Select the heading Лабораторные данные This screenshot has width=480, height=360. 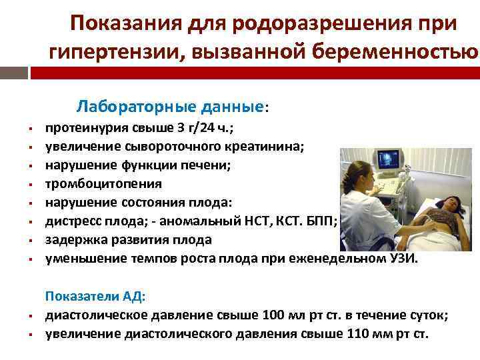click(172, 107)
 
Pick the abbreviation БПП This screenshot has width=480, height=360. click(325, 221)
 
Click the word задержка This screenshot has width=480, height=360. click(74, 239)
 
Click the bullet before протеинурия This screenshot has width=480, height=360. click(31, 129)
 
